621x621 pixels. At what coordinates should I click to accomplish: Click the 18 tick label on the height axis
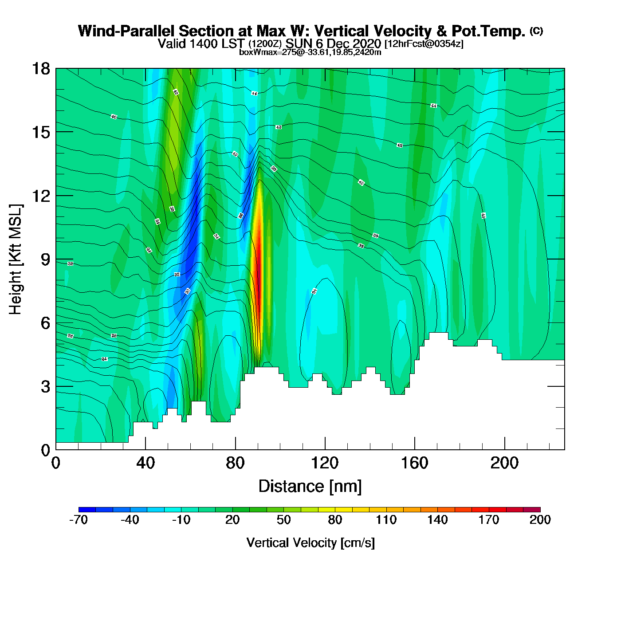click(40, 69)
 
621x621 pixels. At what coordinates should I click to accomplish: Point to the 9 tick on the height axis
click(56, 259)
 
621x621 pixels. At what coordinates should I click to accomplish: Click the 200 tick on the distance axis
click(504, 449)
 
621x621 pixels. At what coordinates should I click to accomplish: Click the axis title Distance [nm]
click(310, 487)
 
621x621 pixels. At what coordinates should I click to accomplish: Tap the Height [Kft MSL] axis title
click(16, 259)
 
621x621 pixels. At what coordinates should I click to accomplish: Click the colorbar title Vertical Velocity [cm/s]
click(310, 543)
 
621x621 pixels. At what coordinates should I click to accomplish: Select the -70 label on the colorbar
click(79, 520)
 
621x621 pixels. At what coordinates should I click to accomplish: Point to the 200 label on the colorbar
click(540, 520)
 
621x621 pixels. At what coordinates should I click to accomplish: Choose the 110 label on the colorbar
click(386, 520)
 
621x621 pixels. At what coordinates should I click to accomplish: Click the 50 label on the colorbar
click(283, 520)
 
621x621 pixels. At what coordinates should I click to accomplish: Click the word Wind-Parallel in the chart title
click(127, 31)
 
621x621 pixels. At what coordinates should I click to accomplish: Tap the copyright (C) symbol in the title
click(536, 31)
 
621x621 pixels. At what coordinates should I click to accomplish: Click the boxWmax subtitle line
click(310, 52)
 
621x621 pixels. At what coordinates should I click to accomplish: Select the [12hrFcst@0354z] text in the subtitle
click(424, 44)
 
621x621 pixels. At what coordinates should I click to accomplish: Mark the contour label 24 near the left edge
click(105, 359)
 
